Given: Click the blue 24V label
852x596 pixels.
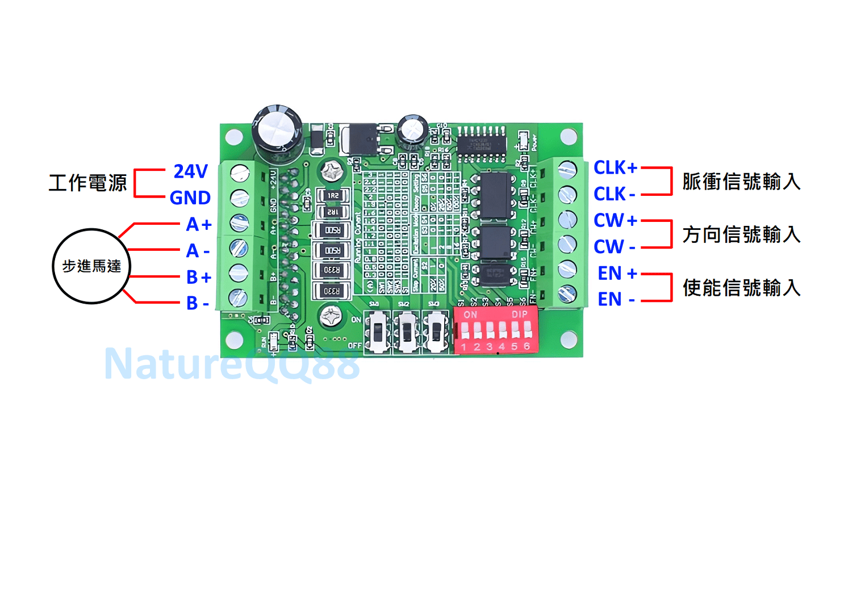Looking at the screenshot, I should [191, 171].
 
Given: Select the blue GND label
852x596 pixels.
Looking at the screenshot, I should [190, 198].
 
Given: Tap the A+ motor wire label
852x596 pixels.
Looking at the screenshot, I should [199, 224].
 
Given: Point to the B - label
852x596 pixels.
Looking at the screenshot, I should [198, 303].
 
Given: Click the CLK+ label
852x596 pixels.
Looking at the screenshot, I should [615, 167].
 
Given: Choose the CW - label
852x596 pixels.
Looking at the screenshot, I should [614, 247].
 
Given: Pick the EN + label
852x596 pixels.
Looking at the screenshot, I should [617, 273].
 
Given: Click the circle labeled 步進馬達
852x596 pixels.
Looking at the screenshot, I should [91, 266].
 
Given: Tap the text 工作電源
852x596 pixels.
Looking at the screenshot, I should [88, 183].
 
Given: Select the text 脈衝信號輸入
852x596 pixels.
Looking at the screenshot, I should [741, 182].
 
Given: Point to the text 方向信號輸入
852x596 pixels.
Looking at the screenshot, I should [741, 234].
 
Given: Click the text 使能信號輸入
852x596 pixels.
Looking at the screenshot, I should [741, 288].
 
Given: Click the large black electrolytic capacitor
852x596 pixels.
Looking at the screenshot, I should [277, 132].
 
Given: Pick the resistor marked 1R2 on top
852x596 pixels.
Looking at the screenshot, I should [333, 196].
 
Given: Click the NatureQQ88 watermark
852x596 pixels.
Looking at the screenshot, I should [232, 363].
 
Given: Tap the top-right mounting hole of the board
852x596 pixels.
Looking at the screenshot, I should [568, 137].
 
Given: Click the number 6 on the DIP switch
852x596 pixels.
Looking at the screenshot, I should [527, 346].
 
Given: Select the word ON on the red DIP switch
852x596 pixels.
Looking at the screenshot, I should [470, 314].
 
